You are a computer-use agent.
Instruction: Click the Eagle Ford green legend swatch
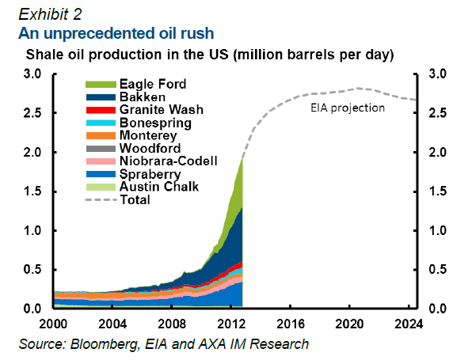(101, 85)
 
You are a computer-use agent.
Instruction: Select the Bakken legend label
(143, 97)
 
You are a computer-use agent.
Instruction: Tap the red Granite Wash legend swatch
(101, 110)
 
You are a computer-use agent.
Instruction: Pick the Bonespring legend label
(155, 123)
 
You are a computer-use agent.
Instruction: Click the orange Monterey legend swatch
(101, 136)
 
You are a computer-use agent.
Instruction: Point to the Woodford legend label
(150, 148)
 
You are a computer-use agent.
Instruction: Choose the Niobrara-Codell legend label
(169, 161)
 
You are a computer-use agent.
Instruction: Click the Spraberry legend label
(150, 174)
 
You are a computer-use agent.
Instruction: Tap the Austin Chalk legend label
(159, 187)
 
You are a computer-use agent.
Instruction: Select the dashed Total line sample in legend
(101, 200)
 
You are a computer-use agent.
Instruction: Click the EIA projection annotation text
(348, 108)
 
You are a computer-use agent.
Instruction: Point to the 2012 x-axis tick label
(231, 324)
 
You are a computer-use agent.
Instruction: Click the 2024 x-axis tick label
(409, 324)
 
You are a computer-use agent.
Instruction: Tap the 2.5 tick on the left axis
(32, 113)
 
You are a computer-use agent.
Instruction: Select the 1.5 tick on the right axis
(437, 191)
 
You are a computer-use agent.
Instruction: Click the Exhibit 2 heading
(50, 14)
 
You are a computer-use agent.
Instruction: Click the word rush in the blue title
(197, 33)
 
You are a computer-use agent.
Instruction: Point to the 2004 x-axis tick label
(112, 324)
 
